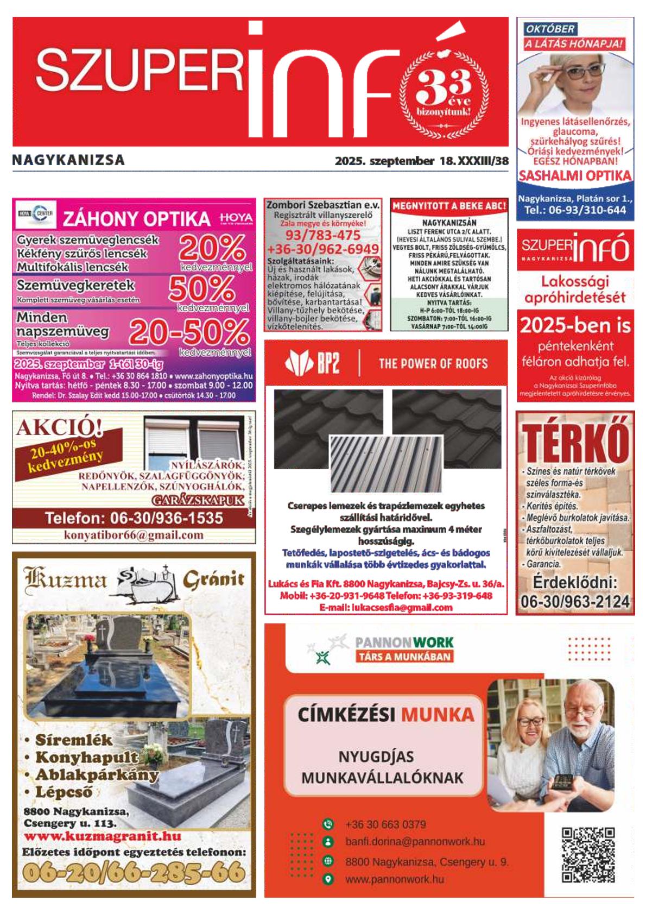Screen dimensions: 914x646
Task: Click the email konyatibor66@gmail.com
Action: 134,535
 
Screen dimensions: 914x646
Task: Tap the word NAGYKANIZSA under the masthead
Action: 68,160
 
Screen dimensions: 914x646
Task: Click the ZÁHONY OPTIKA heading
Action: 137,218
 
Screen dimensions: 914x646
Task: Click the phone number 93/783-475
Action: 322,235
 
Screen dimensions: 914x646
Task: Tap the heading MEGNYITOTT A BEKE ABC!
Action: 449,206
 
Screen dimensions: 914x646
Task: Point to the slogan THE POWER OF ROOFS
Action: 433,363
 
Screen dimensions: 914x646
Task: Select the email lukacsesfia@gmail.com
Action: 386,608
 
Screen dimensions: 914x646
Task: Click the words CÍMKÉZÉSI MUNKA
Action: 386,714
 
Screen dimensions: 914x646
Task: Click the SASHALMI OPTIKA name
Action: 575,176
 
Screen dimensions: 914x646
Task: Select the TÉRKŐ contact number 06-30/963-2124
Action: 575,601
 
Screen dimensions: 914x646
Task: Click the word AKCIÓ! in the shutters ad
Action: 59,428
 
